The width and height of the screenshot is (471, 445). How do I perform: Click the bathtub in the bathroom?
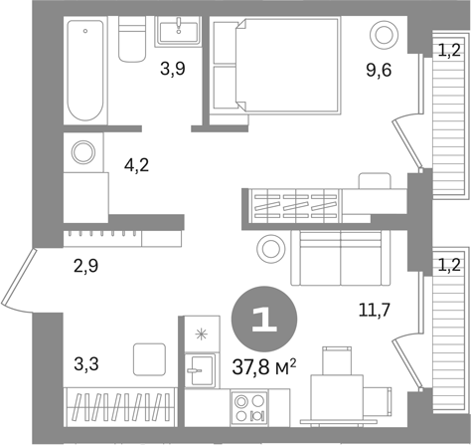[x=85, y=70]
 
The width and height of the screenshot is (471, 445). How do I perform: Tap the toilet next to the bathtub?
[x=132, y=39]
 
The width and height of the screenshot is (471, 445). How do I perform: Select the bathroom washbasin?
[x=179, y=31]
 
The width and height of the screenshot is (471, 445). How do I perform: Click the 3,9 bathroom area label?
[x=173, y=69]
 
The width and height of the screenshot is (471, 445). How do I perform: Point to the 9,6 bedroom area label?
[x=379, y=70]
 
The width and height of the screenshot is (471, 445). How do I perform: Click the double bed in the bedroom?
[x=289, y=66]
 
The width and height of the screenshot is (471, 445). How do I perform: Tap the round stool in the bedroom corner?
[x=384, y=35]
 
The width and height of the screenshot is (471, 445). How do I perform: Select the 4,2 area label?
[x=136, y=165]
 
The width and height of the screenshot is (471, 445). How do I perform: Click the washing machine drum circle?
[x=83, y=152]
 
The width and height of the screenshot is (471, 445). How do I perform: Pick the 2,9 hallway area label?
[x=86, y=266]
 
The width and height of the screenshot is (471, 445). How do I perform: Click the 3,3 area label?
[x=86, y=364]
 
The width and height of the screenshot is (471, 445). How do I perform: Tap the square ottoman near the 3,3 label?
[x=149, y=359]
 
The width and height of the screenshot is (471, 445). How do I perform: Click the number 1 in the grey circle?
[x=264, y=320]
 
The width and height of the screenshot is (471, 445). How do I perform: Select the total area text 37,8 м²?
[x=264, y=367]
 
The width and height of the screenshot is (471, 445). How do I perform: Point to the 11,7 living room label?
[x=374, y=311]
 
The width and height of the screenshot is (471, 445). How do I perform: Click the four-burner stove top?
[x=249, y=408]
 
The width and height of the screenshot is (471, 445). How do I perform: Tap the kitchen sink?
[x=200, y=370]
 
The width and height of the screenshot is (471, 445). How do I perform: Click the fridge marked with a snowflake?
[x=202, y=334]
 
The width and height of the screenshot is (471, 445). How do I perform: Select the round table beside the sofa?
[x=271, y=249]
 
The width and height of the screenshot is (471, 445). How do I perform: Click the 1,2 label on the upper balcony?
[x=449, y=51]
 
